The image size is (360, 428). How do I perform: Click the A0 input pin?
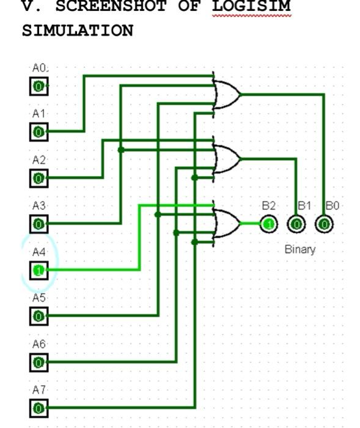pos(39,86)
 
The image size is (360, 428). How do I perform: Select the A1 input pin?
pos(39,131)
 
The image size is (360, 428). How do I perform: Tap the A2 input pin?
pos(39,178)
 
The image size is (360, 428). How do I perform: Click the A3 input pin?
pos(39,224)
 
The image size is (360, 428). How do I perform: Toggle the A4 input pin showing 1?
pos(39,270)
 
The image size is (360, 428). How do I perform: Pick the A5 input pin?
pos(39,315)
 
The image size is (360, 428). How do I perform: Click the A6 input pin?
pos(39,362)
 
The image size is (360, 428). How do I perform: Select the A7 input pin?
pos(39,408)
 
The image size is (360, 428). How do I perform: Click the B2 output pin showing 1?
pos(269,224)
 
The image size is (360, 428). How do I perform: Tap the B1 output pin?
pos(296,224)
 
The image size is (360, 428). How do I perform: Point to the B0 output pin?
pos(324,224)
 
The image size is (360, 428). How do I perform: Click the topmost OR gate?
pos(227,94)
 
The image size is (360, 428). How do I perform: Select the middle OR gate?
pos(227,158)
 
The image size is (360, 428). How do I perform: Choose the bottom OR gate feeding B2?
pos(227,223)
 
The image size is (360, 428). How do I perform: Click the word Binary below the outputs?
pos(300,249)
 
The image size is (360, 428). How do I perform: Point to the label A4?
pos(39,252)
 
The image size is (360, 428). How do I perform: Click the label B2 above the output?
pos(268,207)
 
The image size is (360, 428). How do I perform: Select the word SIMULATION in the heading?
pos(77,31)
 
